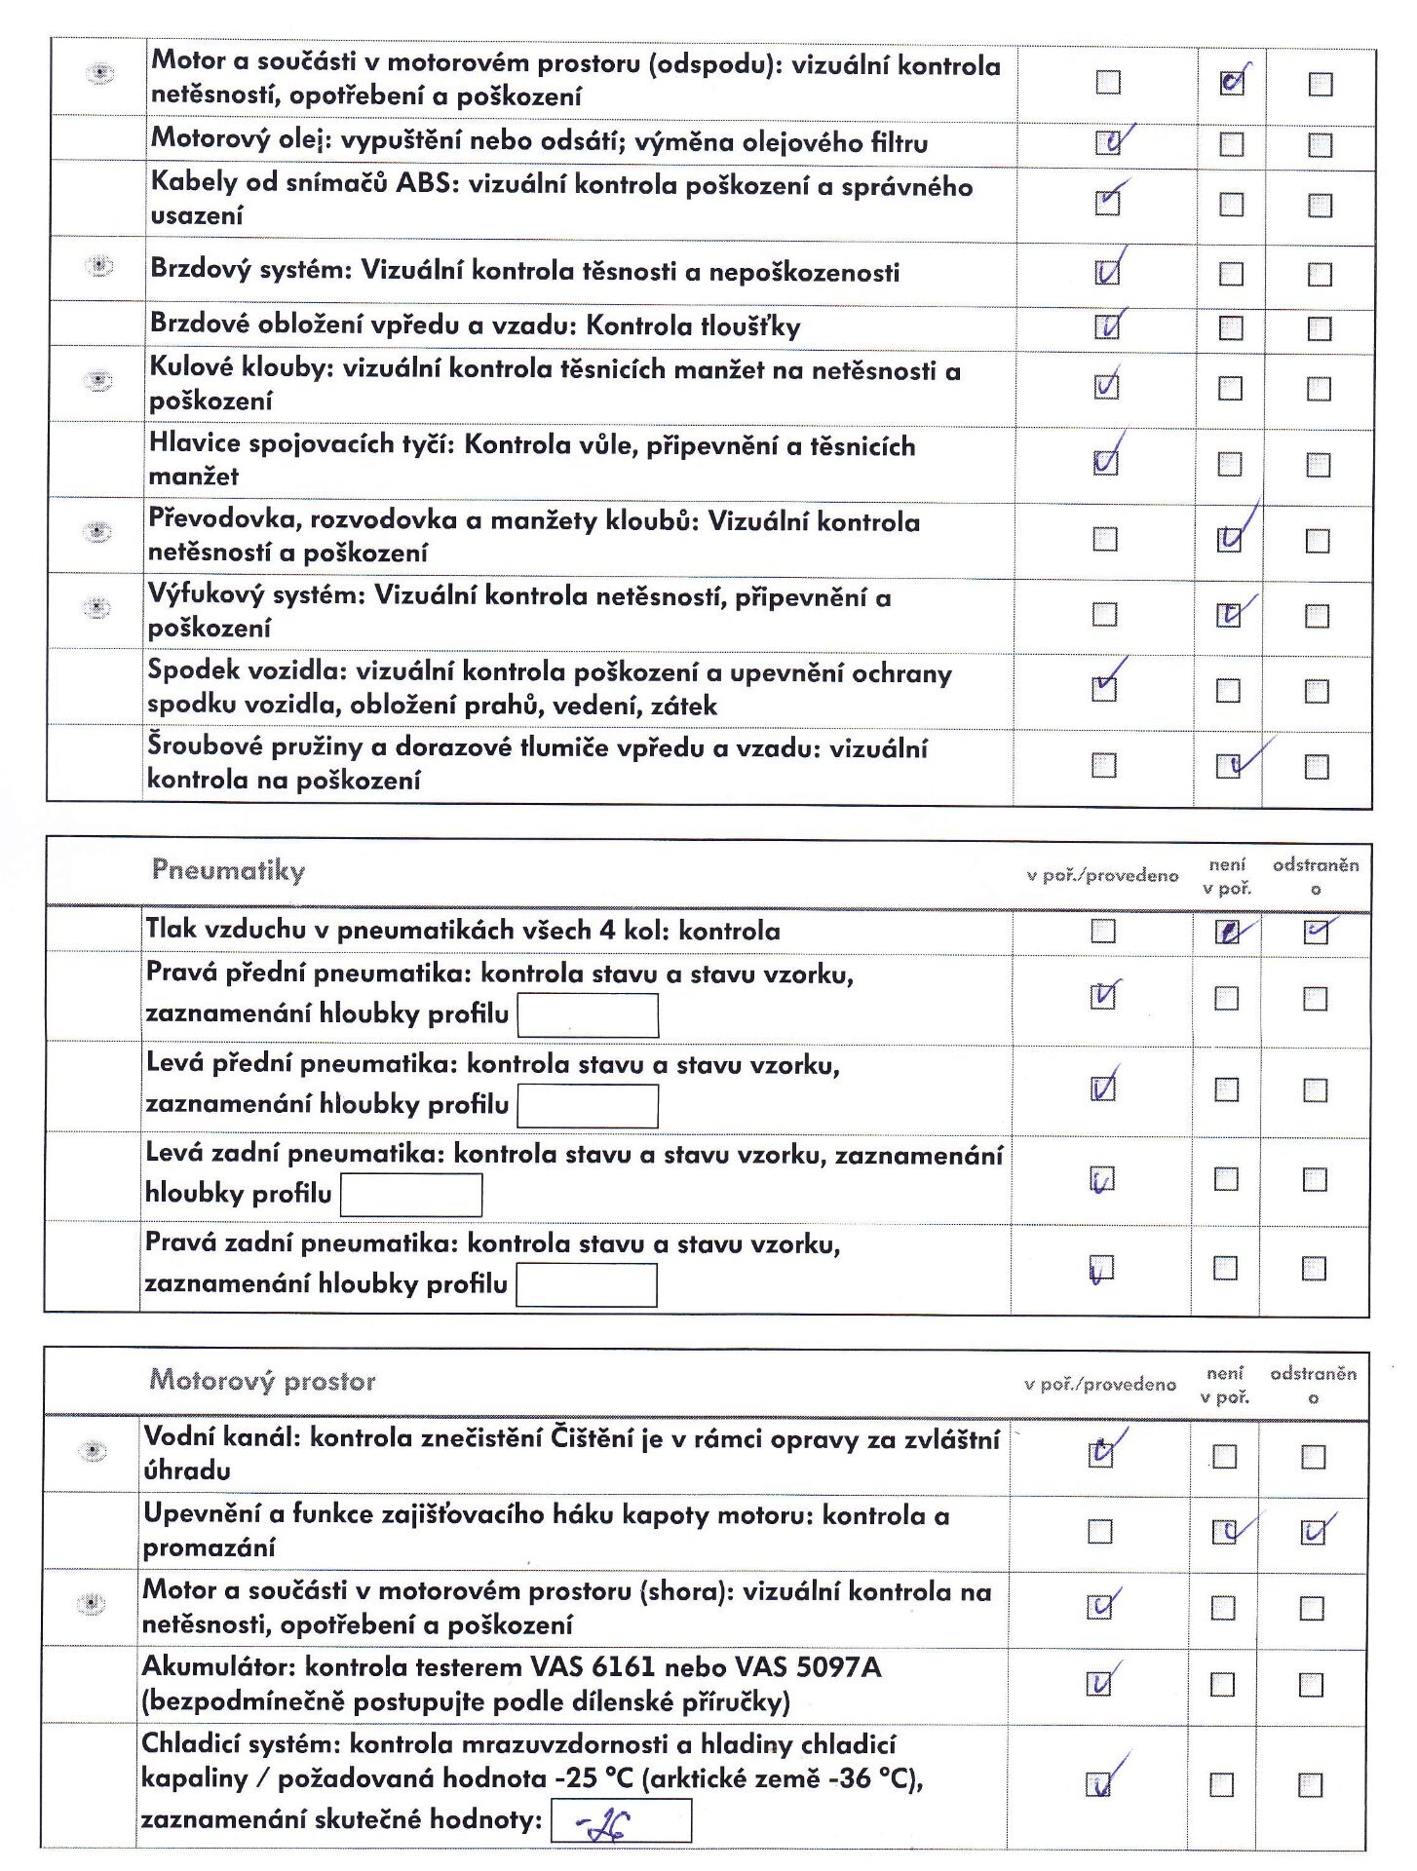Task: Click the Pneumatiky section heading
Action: [228, 869]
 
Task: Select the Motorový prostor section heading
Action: [262, 1380]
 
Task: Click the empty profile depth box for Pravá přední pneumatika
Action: [588, 1014]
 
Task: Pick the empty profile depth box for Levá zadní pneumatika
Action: [411, 1195]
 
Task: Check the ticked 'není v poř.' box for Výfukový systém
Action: [1229, 615]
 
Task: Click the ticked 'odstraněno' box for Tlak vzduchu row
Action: [1316, 932]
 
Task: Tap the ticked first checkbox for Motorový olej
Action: [1108, 143]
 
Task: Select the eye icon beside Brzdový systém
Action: [98, 266]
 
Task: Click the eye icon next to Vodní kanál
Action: [93, 1451]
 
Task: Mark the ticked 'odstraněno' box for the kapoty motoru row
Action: [1313, 1533]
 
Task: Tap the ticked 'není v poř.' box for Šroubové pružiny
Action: [1228, 766]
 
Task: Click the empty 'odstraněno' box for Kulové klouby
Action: [1319, 389]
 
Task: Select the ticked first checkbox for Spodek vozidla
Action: [1104, 689]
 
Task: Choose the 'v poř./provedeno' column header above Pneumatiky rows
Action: [1102, 875]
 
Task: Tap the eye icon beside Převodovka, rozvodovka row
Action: [96, 532]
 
